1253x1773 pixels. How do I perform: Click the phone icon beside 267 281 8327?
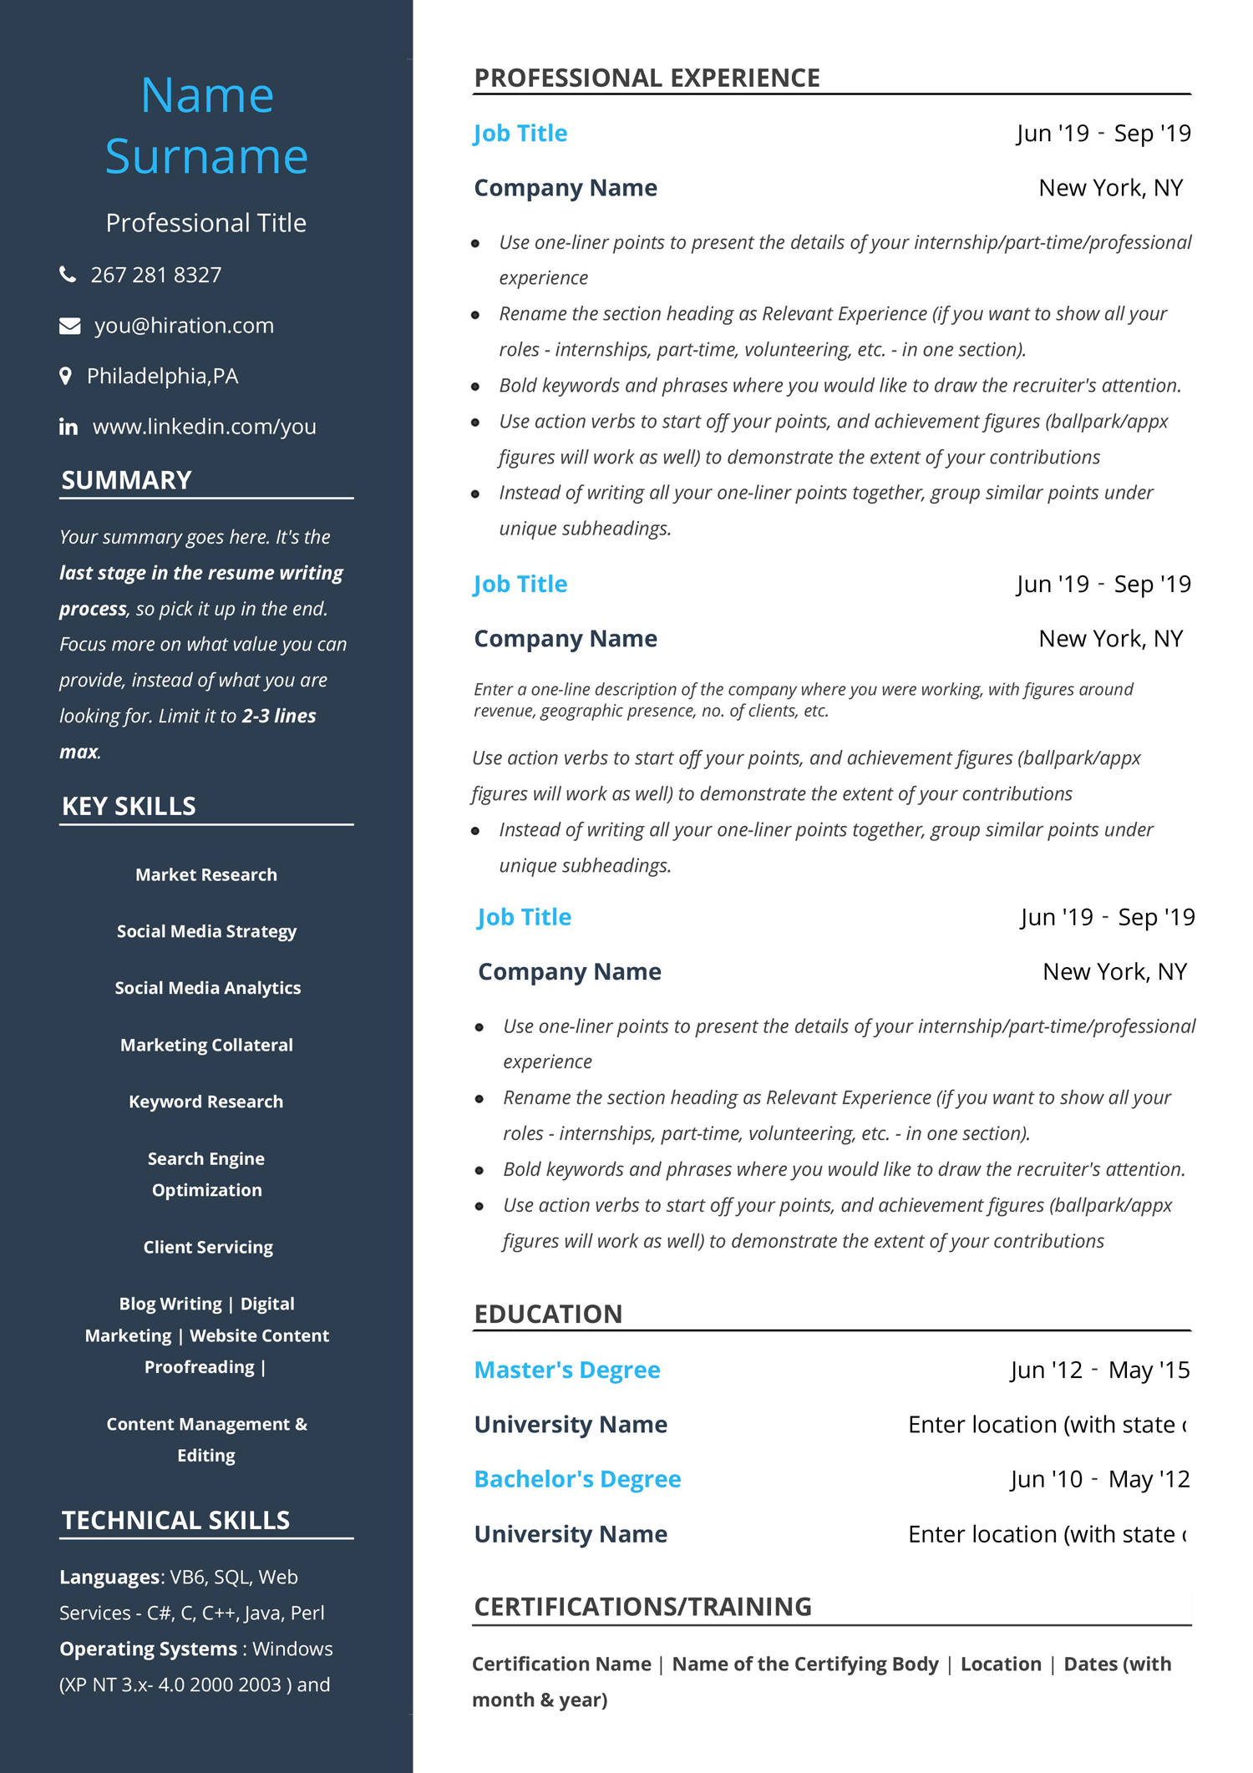click(x=68, y=274)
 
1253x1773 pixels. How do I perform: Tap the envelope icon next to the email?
click(x=69, y=326)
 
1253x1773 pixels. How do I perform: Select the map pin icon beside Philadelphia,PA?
click(x=65, y=376)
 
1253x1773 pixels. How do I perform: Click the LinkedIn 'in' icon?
click(x=68, y=428)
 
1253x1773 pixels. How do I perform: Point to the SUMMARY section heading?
click(x=126, y=480)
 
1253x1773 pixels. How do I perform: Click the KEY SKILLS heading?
click(x=129, y=806)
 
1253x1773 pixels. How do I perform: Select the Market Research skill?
click(x=206, y=874)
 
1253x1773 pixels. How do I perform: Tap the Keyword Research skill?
click(x=206, y=1102)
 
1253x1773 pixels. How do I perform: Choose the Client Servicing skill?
click(x=208, y=1247)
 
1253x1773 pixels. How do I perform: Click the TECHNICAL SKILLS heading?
click(x=175, y=1520)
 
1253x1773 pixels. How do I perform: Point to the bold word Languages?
click(x=109, y=1577)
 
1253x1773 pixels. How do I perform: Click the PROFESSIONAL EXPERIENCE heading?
click(x=647, y=78)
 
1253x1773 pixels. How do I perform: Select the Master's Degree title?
click(x=567, y=1370)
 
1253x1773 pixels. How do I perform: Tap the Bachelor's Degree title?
click(x=577, y=1479)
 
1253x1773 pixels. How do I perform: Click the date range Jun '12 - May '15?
click(x=1099, y=1370)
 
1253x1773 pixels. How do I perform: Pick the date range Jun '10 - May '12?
click(x=1099, y=1479)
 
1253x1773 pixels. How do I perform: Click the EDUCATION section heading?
click(x=548, y=1314)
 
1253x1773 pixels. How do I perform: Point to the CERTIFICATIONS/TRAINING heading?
click(x=642, y=1606)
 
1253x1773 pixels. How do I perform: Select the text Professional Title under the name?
click(x=206, y=223)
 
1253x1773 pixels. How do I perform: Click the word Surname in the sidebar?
click(x=206, y=156)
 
